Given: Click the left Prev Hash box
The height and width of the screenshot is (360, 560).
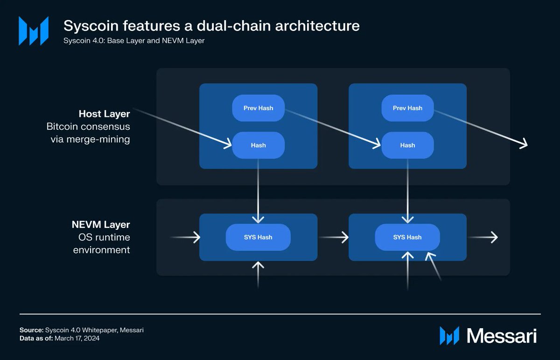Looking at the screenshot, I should tap(258, 108).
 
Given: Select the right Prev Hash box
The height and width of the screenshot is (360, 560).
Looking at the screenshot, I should tap(407, 108).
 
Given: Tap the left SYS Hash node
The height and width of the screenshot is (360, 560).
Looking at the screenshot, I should tap(258, 237).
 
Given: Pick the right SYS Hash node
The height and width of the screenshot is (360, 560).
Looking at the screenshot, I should tap(407, 237).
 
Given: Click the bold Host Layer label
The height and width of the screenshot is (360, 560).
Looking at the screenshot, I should tap(104, 114).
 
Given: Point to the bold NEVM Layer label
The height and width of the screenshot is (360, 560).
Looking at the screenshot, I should tap(101, 225).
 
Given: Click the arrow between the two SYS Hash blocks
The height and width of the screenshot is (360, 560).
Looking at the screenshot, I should tap(333, 237).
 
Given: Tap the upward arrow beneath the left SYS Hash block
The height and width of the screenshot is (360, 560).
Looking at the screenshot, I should tap(258, 275).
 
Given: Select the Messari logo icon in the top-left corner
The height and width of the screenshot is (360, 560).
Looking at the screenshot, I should tap(33, 31).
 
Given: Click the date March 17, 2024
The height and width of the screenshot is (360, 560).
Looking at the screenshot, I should tap(77, 339).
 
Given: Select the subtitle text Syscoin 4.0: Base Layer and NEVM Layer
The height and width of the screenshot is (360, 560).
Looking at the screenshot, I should tap(134, 41).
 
